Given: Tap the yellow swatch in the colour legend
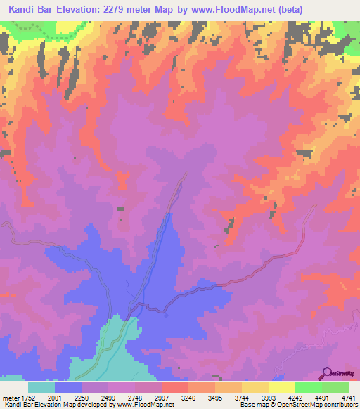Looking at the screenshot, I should point(281,387).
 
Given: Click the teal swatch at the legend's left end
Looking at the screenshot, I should point(41,387).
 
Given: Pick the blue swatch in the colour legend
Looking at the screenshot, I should point(68,387).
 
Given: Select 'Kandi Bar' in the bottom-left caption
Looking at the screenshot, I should point(18,405).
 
